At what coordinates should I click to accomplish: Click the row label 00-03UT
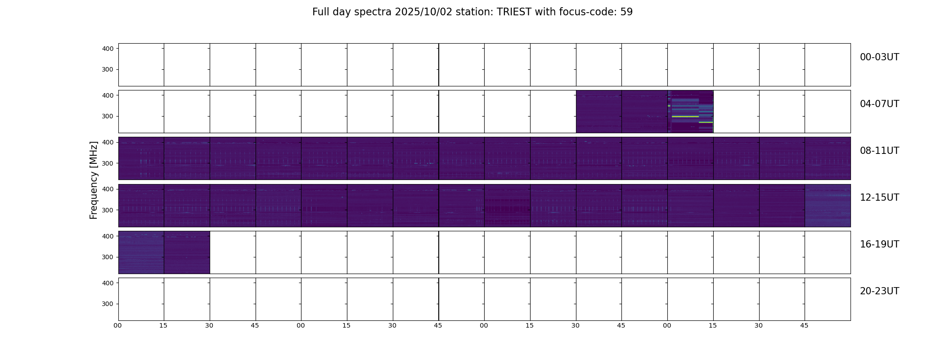[879, 57]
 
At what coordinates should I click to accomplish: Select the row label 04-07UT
[879, 104]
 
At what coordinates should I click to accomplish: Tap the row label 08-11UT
[879, 151]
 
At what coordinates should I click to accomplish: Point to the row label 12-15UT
[879, 198]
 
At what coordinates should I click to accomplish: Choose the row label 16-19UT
[879, 244]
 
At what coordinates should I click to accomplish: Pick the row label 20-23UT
[879, 291]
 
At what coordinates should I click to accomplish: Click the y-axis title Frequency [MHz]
[94, 180]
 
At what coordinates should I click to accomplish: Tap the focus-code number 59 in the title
[626, 12]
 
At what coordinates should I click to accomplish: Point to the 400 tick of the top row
[108, 49]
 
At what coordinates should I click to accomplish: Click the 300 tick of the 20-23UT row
[108, 304]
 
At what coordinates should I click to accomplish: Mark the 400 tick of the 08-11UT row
[108, 142]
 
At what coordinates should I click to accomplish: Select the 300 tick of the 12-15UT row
[108, 210]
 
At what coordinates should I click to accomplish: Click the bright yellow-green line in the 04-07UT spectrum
[685, 117]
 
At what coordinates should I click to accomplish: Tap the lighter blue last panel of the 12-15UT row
[828, 206]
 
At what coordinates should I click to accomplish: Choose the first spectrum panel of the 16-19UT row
[141, 252]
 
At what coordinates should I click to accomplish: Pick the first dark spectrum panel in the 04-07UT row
[598, 112]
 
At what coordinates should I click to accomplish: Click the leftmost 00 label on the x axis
[118, 325]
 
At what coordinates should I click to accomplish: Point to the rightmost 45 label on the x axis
[804, 325]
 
